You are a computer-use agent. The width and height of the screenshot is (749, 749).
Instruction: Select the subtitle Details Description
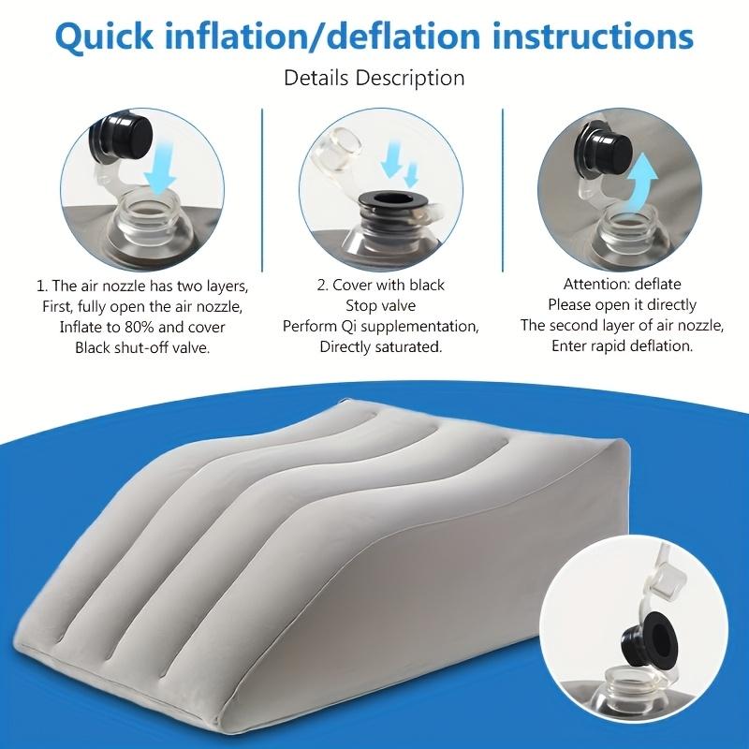click(x=374, y=78)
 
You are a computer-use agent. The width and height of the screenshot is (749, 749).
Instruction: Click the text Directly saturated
click(x=381, y=346)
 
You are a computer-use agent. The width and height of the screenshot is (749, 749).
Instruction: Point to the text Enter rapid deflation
click(x=622, y=347)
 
